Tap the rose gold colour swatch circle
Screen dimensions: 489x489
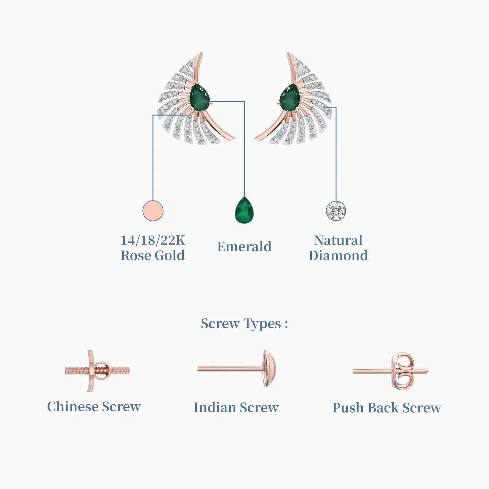[153, 211]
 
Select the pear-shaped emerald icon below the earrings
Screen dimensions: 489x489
[244, 210]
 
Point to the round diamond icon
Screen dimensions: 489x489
[336, 211]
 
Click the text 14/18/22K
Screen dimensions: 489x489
[153, 240]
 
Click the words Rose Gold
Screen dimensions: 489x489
[153, 256]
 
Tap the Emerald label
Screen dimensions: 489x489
[244, 246]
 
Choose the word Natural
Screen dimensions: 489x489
[338, 240]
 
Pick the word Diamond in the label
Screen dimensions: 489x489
[338, 256]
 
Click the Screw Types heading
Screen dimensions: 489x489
[244, 324]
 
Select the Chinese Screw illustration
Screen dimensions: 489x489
[97, 371]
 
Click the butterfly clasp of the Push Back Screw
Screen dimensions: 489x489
[403, 371]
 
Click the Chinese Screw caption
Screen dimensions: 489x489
[94, 406]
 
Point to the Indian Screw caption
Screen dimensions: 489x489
[236, 407]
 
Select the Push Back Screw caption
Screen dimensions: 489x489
[387, 408]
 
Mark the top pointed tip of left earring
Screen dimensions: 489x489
[201, 53]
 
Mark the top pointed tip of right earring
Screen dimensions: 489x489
[288, 53]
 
